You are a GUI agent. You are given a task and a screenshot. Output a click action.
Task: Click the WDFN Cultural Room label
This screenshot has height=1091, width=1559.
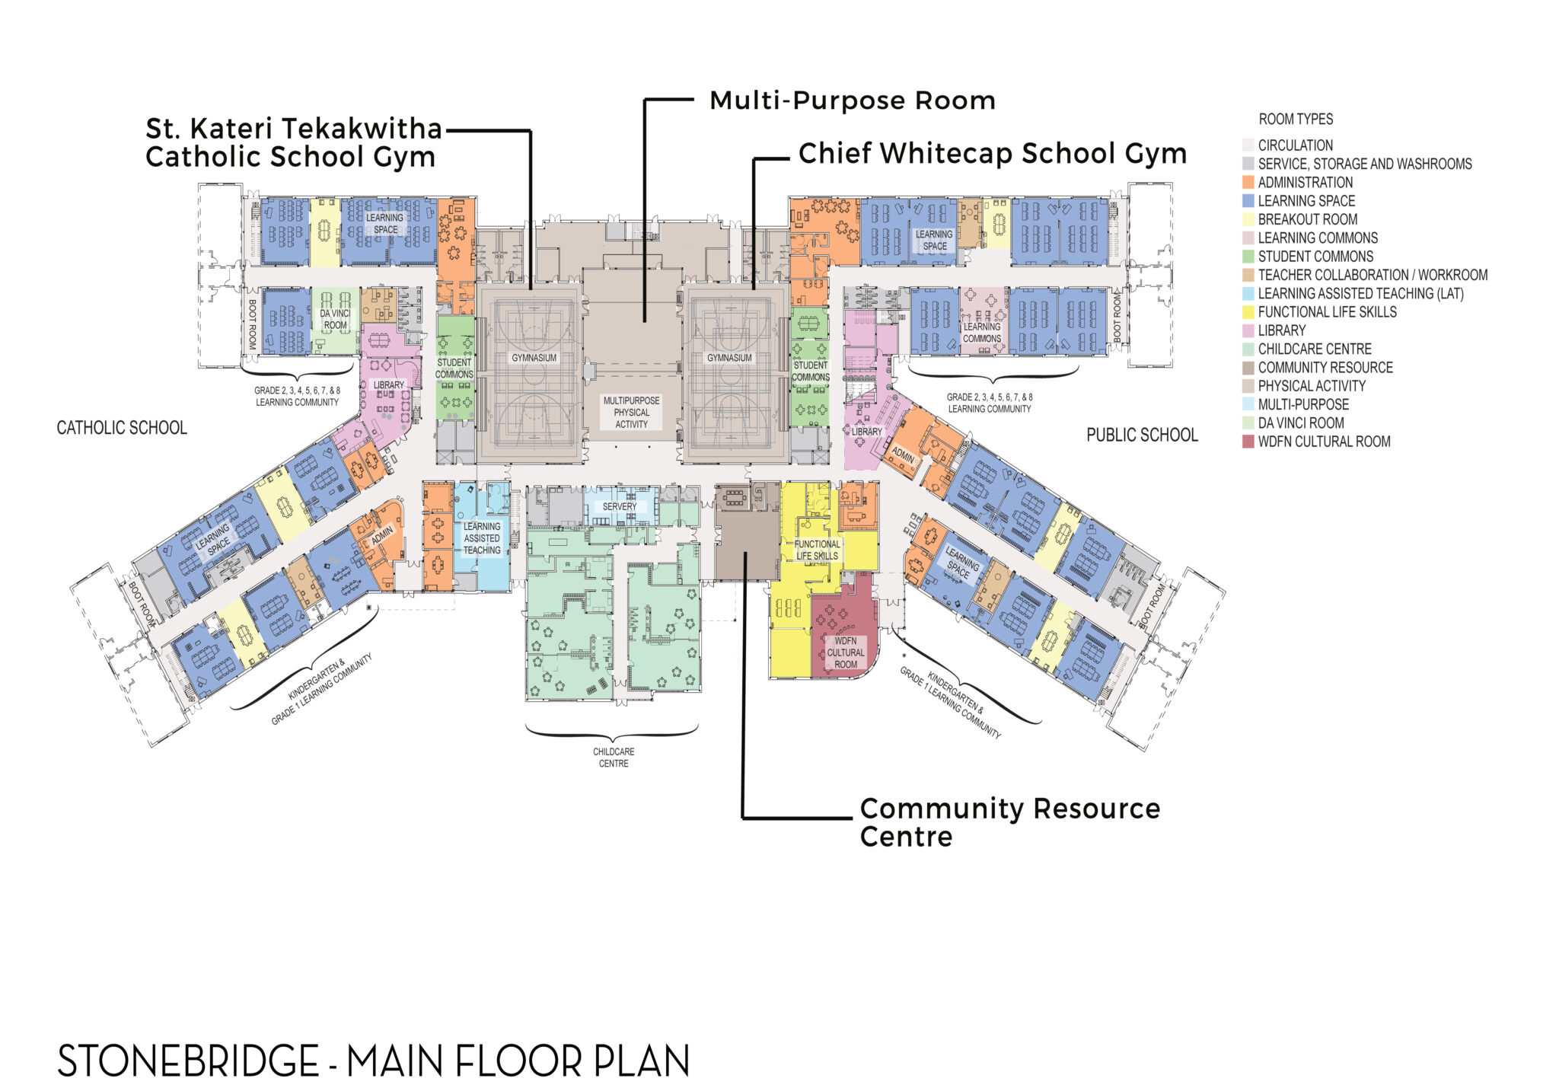pos(845,652)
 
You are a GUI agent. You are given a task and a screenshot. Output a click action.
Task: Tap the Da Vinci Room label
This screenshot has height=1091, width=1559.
pos(335,319)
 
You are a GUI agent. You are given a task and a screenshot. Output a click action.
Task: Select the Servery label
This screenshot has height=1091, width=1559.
pos(620,506)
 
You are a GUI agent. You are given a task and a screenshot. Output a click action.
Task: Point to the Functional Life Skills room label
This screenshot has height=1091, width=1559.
pos(817,550)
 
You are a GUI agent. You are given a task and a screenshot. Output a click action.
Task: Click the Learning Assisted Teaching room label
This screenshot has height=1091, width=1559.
pos(482,538)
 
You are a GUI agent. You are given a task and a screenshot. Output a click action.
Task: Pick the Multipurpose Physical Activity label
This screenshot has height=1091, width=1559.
pos(631,412)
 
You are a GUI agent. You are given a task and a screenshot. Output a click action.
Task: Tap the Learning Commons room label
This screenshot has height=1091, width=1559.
pos(982,333)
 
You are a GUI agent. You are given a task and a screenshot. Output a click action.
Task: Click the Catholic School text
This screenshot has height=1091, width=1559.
pos(122,428)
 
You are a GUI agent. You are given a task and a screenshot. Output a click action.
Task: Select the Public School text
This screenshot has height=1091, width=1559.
pos(1142,435)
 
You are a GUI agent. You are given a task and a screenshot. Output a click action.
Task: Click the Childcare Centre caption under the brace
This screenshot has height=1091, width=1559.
pos(614,758)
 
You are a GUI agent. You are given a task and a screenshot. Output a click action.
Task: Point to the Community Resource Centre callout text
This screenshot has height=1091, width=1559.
pos(1010,822)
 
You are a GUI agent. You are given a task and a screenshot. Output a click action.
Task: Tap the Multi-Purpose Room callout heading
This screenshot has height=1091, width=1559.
pos(853,100)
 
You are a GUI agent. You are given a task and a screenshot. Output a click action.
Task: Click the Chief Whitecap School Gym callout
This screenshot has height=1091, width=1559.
pos(993,154)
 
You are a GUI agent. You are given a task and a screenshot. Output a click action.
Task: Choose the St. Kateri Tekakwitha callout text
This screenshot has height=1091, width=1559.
pos(294,142)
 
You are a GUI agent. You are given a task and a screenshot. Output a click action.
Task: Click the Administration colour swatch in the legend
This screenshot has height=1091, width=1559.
pos(1248,183)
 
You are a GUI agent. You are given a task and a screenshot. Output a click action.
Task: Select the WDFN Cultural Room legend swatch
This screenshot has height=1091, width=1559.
pos(1248,442)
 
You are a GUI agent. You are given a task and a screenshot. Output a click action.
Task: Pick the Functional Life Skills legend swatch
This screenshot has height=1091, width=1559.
pos(1248,312)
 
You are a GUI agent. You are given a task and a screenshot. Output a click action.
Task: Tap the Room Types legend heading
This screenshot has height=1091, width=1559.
pos(1296,119)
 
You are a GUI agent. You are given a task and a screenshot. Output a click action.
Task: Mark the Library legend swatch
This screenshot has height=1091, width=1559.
pos(1248,330)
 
